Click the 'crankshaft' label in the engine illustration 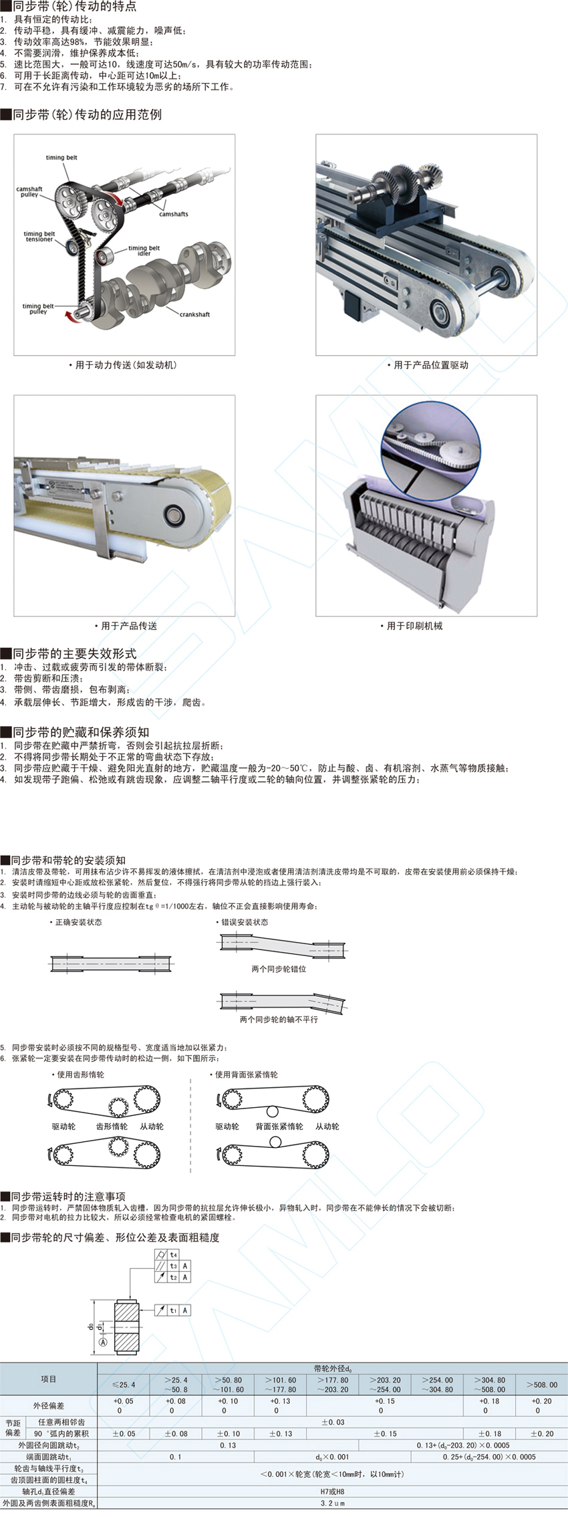coord(194,314)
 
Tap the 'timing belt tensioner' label coord(39,237)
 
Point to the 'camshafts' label coord(173,214)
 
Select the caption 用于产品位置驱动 coord(427,365)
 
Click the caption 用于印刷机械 coord(414,626)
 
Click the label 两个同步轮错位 coord(279,969)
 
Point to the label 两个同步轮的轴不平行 coord(279,1020)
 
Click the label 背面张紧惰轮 coord(279,1127)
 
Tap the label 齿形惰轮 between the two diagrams coord(112,1127)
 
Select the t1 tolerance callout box coord(172,1310)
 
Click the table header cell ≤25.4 coord(123,1385)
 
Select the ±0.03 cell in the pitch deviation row coord(332,1422)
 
